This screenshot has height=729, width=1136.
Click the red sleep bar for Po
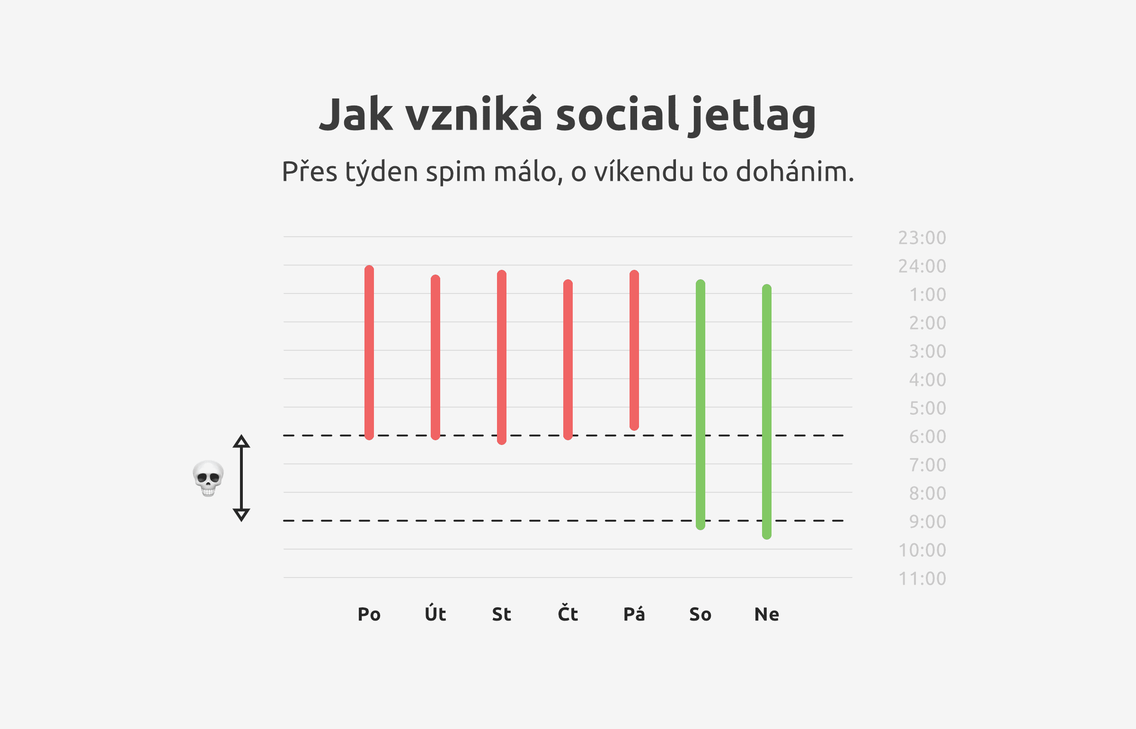[x=369, y=353]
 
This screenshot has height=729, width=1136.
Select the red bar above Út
[x=435, y=357]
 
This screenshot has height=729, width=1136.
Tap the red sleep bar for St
[x=502, y=357]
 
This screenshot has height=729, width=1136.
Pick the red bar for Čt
[x=568, y=360]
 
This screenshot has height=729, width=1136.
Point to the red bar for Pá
[x=634, y=350]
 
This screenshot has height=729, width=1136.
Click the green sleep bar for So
[x=701, y=405]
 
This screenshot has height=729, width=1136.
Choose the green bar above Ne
[x=767, y=412]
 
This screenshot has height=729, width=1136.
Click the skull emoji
[x=208, y=478]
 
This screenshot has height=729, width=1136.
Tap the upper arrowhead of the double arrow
[x=241, y=441]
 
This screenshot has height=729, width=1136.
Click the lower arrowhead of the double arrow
[x=241, y=515]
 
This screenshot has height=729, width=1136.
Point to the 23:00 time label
[x=922, y=238]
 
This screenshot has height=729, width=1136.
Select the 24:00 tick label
[x=922, y=266]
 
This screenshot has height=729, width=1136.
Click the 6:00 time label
[x=928, y=436]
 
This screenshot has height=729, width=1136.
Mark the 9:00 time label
[x=928, y=522]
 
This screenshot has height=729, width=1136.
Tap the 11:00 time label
[x=922, y=578]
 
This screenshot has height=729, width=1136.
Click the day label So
[x=701, y=614]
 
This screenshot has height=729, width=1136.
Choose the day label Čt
[x=568, y=613]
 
